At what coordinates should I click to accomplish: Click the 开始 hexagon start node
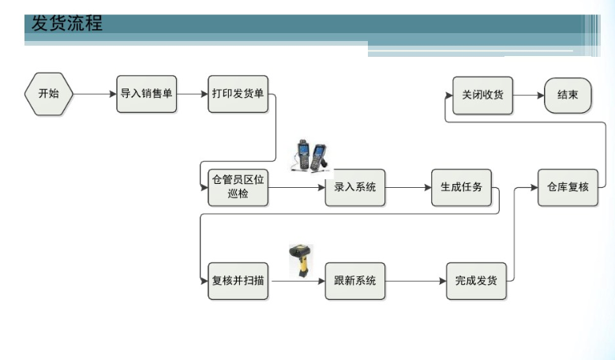pos(48,94)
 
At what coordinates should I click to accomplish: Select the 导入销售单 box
pos(146,94)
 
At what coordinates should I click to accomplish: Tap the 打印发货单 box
pos(238,94)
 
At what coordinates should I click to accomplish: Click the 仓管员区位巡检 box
pos(238,187)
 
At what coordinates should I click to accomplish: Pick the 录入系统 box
pos(354,187)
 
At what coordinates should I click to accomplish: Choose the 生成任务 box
pos(461,187)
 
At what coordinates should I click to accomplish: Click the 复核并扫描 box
pos(238,280)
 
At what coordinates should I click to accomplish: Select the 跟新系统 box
pos(354,280)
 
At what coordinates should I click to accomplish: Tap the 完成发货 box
pos(476,280)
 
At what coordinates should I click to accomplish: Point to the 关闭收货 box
pos(482,95)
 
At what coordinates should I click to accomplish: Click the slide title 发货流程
pos(67,24)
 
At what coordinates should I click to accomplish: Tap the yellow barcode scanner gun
pos(301,260)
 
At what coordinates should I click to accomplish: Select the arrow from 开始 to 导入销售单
pos(95,94)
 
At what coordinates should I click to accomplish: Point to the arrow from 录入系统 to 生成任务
pos(408,187)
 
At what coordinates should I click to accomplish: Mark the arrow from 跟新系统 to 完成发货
pos(415,280)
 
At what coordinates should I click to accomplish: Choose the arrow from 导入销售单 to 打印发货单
pos(192,94)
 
